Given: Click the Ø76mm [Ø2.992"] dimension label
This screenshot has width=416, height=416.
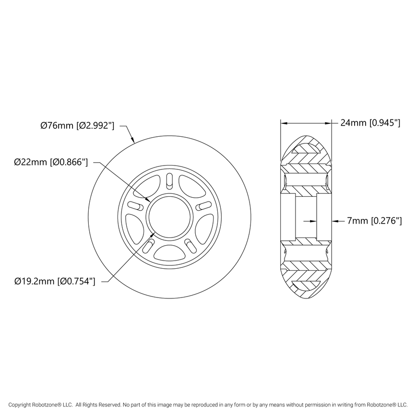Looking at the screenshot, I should (x=77, y=126).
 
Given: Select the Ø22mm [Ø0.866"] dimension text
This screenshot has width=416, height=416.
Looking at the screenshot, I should (x=51, y=162).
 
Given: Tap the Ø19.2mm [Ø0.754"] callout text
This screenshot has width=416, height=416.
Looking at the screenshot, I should (x=55, y=281).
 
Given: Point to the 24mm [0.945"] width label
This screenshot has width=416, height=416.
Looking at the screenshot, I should (x=370, y=123).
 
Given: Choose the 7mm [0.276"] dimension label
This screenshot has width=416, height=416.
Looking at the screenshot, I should (x=374, y=221).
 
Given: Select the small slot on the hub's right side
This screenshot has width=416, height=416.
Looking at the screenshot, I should (x=203, y=206).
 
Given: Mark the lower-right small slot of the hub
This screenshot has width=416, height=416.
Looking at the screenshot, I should (x=190, y=245).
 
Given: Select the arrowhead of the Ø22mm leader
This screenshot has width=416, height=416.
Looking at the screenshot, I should (x=150, y=200).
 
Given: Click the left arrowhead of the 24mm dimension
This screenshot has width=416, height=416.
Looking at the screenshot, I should (x=284, y=123).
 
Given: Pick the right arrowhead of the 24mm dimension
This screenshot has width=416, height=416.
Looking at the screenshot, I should (x=330, y=123).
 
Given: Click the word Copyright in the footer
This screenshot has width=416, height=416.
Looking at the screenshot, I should (x=22, y=404).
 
